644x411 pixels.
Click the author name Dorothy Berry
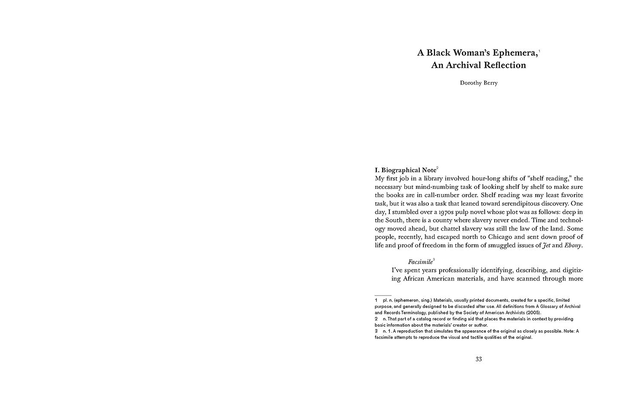pos(479,83)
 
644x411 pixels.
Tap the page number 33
pos(479,359)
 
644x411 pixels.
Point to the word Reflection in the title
pos(504,65)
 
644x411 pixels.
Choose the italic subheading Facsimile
pos(420,262)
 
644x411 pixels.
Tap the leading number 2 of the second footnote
pos(376,319)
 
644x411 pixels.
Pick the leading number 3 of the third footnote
pos(376,331)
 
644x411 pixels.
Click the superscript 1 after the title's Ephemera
pos(539,50)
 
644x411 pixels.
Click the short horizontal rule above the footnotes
pos(383,295)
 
